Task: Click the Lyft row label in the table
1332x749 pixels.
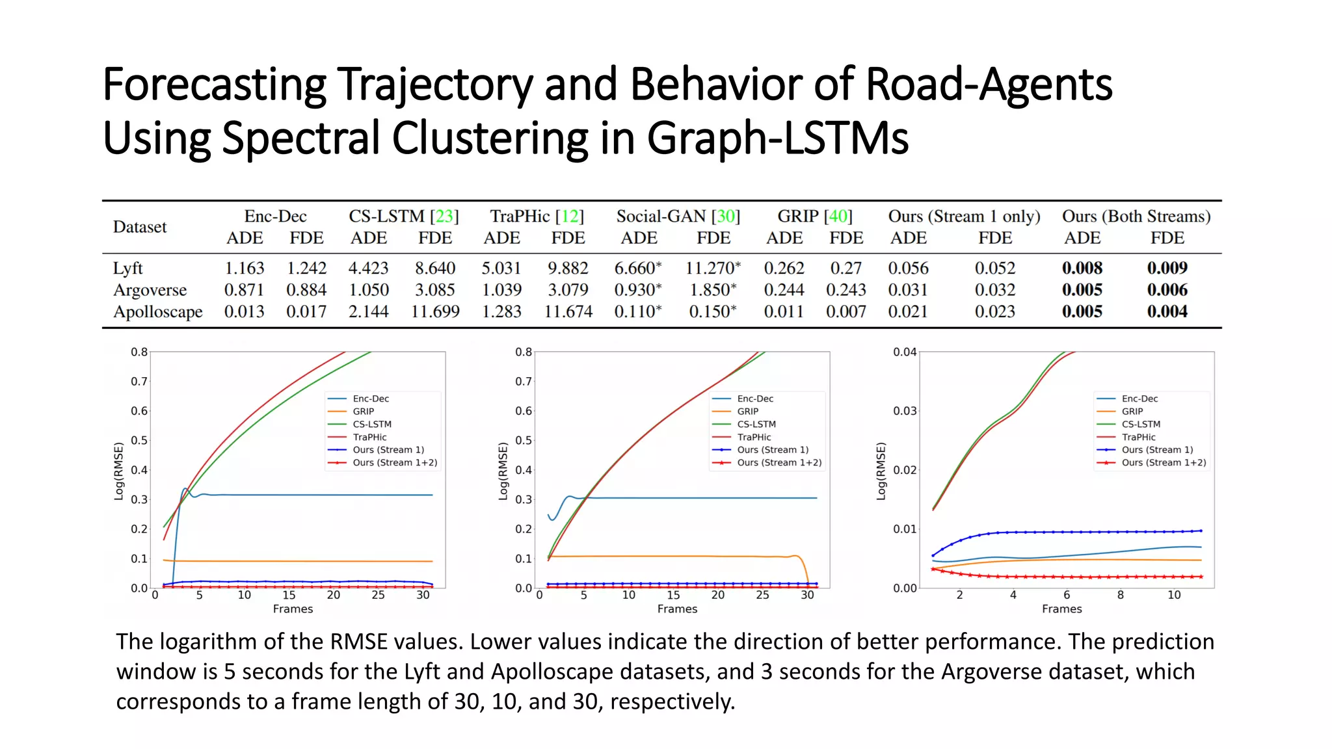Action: (127, 268)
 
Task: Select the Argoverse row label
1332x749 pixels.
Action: (150, 290)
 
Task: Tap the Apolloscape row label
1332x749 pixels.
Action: (157, 311)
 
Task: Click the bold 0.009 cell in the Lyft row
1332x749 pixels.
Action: (1167, 268)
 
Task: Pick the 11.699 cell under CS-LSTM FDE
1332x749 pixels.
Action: (434, 311)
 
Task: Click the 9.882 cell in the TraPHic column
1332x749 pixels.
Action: (567, 268)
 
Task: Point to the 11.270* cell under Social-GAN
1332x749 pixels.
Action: (713, 268)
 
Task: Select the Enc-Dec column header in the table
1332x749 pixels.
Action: (275, 216)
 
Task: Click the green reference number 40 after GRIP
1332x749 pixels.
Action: (838, 216)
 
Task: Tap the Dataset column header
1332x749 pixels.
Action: (140, 227)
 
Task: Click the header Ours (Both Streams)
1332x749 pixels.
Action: (1136, 216)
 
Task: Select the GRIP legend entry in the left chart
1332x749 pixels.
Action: (363, 412)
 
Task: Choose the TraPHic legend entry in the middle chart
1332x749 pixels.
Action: (754, 437)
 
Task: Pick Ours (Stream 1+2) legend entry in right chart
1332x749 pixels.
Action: (1163, 463)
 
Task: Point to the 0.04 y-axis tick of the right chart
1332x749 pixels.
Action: (904, 352)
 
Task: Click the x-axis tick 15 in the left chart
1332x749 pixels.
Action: (288, 595)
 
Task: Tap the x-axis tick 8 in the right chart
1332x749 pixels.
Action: (1120, 595)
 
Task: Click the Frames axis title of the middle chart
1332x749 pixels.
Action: (676, 609)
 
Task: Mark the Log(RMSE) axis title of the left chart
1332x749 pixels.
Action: (118, 471)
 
